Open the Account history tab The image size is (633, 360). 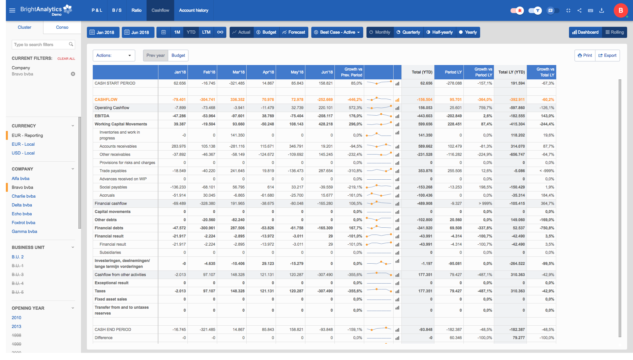click(193, 10)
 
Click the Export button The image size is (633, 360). click(607, 56)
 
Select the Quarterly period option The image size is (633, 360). click(408, 32)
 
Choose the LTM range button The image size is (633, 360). click(206, 32)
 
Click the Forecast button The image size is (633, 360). click(294, 32)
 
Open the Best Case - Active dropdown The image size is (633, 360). click(337, 32)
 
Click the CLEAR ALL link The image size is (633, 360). click(66, 59)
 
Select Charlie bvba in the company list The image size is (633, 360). click(24, 196)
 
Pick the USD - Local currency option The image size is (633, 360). click(23, 153)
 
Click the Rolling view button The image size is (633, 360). click(614, 32)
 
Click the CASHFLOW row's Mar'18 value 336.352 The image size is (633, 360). click(237, 100)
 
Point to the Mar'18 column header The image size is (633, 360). click(238, 72)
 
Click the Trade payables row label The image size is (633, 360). click(113, 171)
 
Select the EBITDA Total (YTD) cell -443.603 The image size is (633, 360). click(425, 116)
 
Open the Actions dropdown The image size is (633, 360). click(114, 56)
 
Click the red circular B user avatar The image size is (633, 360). click(621, 10)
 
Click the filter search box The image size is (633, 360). click(41, 45)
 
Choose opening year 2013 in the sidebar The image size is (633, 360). click(16, 327)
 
